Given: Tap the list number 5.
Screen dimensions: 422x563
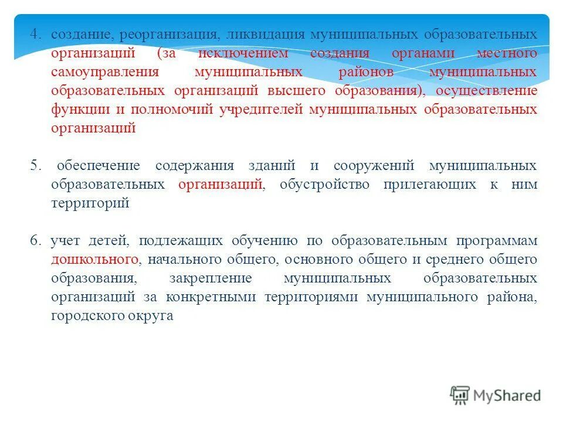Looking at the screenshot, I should pyautogui.click(x=35, y=166).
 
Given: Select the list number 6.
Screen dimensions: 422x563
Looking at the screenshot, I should pyautogui.click(x=35, y=240).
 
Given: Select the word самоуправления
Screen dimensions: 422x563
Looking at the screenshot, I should pyautogui.click(x=105, y=72).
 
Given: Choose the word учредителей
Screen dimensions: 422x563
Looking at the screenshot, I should pyautogui.click(x=261, y=110).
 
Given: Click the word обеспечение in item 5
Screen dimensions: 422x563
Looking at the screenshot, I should pyautogui.click(x=100, y=166).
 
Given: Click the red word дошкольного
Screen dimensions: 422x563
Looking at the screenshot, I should pyautogui.click(x=94, y=259).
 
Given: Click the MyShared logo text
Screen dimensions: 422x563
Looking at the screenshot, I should pyautogui.click(x=507, y=396).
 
